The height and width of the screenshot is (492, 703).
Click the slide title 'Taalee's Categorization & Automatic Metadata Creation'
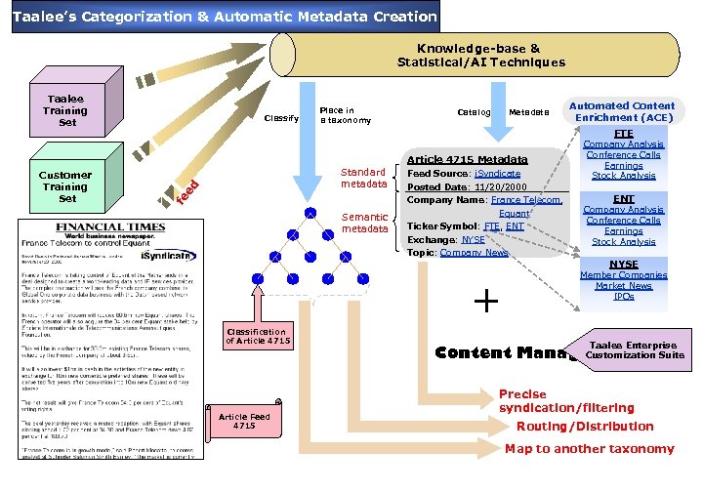pos(224,17)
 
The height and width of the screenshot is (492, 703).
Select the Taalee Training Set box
pos(66,111)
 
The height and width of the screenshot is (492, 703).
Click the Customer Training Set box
pos(65,186)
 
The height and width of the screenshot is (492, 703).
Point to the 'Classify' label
pos(281,118)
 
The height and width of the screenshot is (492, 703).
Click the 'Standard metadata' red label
pos(363,178)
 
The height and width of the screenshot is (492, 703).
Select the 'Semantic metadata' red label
pos(363,223)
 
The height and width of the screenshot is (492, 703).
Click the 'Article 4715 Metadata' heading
pos(467,159)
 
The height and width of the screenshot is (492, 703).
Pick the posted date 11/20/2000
pos(499,186)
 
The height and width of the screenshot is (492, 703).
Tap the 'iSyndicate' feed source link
pos(497,173)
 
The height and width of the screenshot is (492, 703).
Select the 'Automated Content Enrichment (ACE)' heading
pos(623,111)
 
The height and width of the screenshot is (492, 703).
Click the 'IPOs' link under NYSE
pos(624,297)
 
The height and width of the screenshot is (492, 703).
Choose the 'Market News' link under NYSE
pos(624,286)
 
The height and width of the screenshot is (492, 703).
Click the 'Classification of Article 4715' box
pos(256,336)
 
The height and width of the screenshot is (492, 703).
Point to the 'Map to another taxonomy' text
pos(589,449)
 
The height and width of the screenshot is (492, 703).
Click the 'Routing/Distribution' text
pos(585,427)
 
